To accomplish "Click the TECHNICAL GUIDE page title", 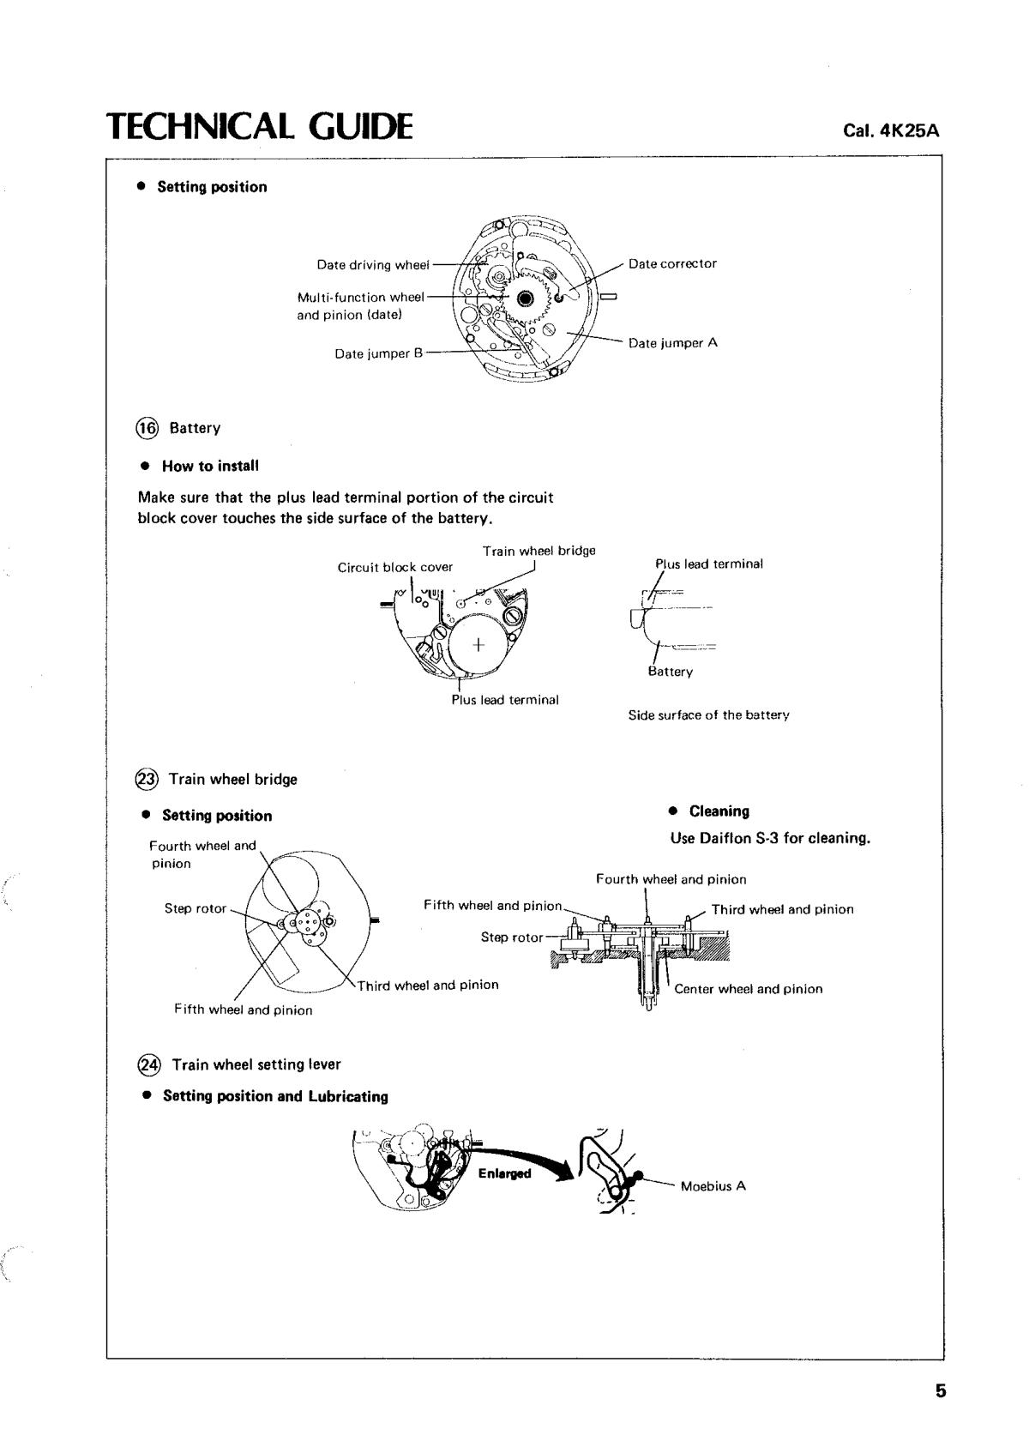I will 259,126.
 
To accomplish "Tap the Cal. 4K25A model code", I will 891,131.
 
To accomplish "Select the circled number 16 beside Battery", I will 148,428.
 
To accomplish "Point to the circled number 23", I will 147,779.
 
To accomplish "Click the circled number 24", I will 148,1064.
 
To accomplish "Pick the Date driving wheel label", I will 372,265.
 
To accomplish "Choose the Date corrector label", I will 672,263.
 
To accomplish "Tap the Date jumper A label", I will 672,343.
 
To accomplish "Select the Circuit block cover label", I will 394,567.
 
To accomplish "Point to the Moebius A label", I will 713,1186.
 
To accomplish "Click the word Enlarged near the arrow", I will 504,1173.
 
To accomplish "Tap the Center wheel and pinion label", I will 748,989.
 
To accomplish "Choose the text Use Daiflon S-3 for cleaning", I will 770,838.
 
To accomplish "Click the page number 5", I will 941,1391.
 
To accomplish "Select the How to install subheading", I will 210,466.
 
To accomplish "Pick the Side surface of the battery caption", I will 708,714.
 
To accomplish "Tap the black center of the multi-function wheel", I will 526,298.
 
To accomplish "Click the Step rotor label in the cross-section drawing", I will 511,938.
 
